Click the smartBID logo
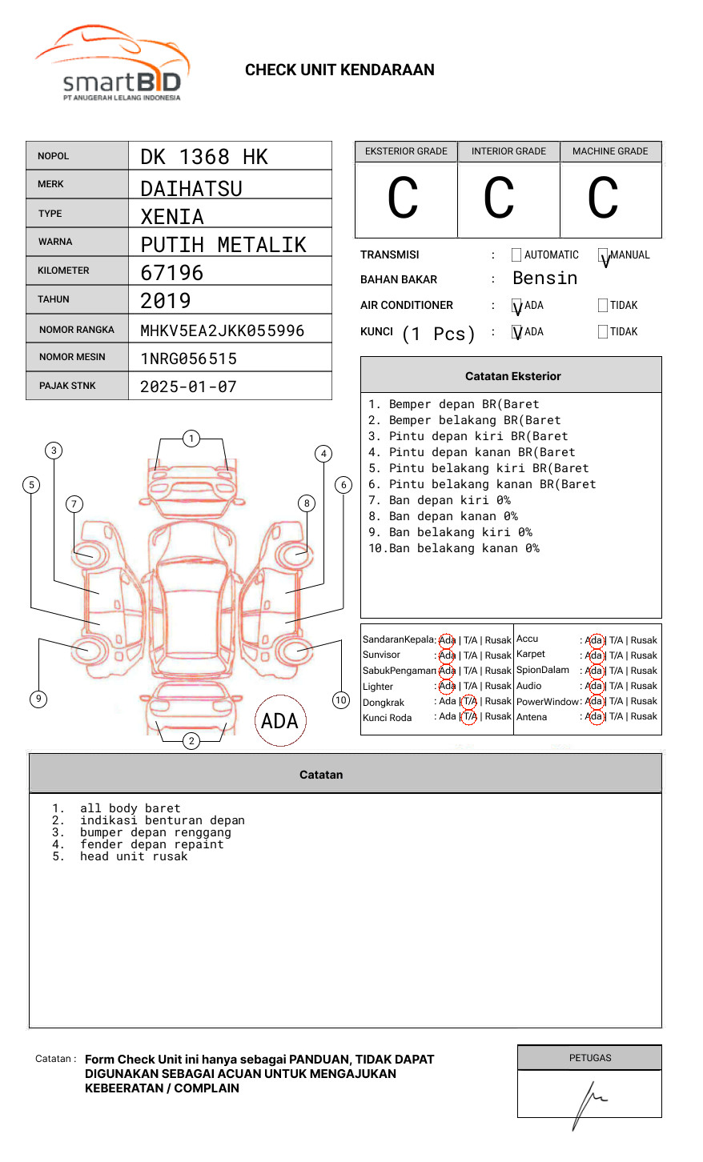pos(113,65)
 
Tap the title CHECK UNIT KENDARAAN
pos(339,70)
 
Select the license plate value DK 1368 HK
pos(204,157)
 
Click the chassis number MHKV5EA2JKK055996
pos(222,331)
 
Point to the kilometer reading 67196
pos(172,273)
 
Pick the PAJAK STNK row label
pos(67,386)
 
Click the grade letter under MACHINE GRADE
pos(603,198)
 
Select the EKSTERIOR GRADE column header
pos(406,151)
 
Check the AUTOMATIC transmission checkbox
pos(516,255)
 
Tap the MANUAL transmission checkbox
pos(603,255)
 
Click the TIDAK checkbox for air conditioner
pos(603,306)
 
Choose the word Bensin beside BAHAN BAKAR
pos(544,278)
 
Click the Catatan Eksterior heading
pos(512,376)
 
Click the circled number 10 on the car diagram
pos(341,700)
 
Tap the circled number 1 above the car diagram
pos(191,439)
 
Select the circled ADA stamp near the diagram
pos(280,721)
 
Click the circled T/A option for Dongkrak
pos(469,701)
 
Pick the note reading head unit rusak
pos(134,856)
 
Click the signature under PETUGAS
pos(589,1100)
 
